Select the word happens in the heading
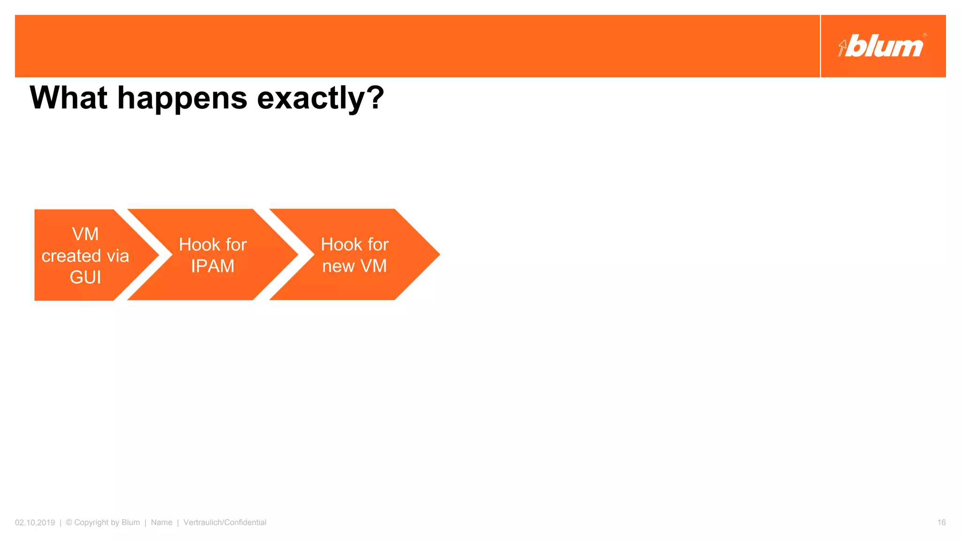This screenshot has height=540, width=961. point(183,98)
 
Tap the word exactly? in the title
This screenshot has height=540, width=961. point(320,98)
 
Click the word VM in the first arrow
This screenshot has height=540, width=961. point(85,234)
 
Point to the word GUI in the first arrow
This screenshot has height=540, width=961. point(85,277)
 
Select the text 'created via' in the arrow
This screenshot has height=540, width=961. point(85,256)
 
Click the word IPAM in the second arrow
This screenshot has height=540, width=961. point(213,266)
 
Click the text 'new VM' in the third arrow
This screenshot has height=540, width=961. point(354,266)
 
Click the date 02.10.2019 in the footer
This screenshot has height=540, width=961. point(35,522)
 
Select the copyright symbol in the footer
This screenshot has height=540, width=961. point(69,522)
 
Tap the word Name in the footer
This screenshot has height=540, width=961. point(161,522)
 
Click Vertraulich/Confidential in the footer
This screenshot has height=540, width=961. point(225,522)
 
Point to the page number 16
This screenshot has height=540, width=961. point(941,522)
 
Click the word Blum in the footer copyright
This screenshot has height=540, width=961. point(130,522)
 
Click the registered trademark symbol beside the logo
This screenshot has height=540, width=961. point(924,35)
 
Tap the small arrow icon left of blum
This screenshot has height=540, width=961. point(842,48)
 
